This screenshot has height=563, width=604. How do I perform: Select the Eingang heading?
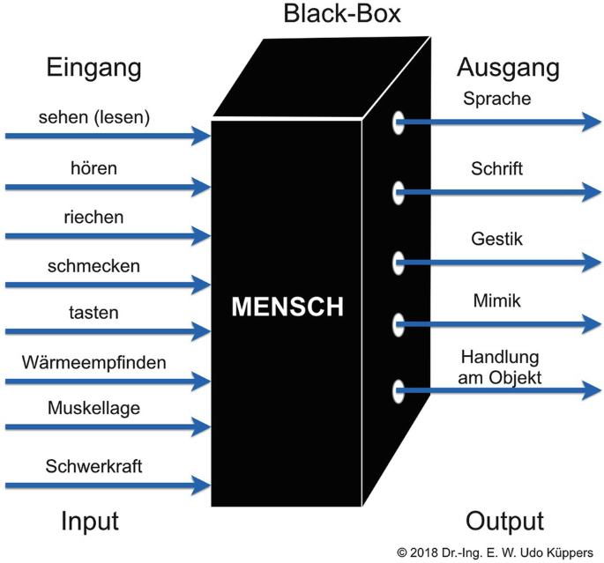point(92,68)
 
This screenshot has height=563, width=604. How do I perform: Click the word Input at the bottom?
point(89,520)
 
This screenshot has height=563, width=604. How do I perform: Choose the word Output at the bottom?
point(504,520)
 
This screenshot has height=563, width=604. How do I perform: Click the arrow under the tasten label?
point(106,334)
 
